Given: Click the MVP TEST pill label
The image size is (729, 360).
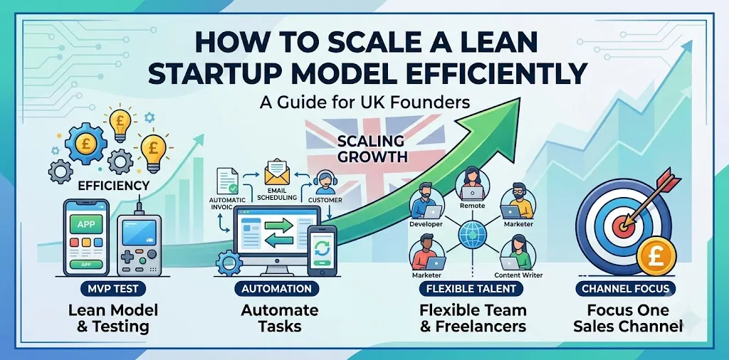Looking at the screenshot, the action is tap(112, 288).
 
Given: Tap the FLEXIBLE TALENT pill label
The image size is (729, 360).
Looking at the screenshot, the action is tap(471, 288).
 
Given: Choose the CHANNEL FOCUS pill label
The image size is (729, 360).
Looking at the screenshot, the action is tap(625, 288).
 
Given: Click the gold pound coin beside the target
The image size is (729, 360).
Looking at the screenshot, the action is tap(656, 258).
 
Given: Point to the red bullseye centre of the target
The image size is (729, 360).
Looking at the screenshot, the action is tap(622, 227).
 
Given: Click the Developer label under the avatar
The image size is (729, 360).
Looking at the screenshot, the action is tap(426, 224).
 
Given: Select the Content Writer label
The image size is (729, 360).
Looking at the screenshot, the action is tap(518, 275).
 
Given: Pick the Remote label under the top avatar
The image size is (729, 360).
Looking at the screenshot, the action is tap(472, 206).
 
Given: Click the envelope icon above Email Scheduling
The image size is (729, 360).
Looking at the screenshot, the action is tap(277, 171).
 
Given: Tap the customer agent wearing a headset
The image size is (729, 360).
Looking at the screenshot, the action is tap(322, 183).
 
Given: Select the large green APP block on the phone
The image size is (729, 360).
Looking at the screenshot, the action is tap(86, 224).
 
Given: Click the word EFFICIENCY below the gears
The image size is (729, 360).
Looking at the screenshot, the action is tap(113, 186).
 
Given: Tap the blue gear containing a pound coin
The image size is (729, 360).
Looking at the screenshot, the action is tap(85, 144).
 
